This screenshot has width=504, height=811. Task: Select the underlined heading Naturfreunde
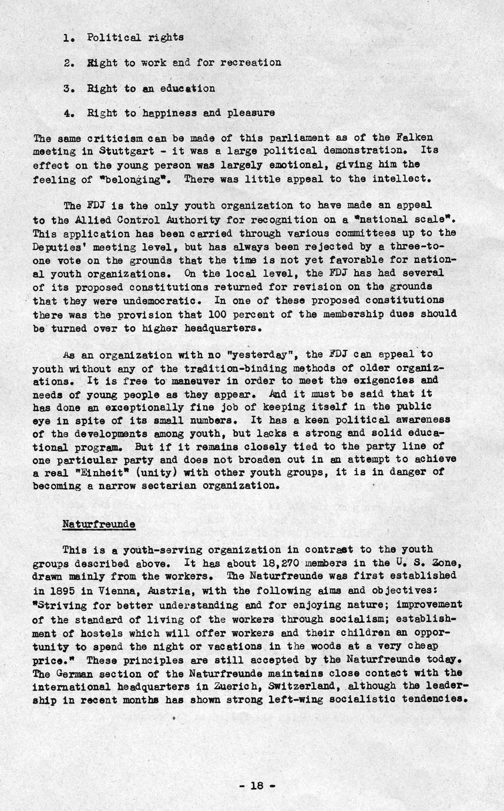pyautogui.click(x=99, y=523)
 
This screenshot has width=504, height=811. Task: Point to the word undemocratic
pyautogui.click(x=130, y=301)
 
